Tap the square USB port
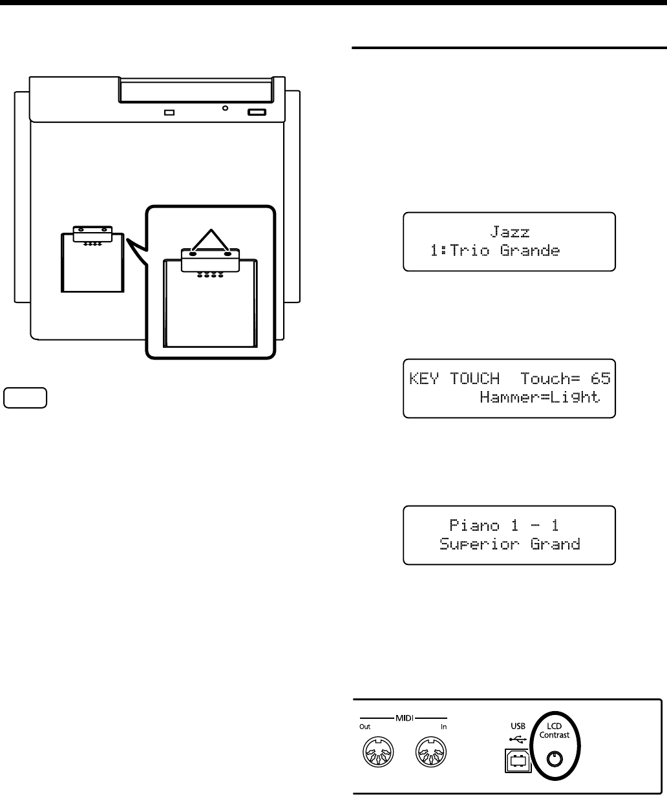516,762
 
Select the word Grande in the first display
530,250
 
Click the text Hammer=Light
540,398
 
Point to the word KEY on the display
422,378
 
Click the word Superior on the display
478,544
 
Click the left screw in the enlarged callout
192,253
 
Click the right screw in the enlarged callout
228,253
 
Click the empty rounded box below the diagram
25,398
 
